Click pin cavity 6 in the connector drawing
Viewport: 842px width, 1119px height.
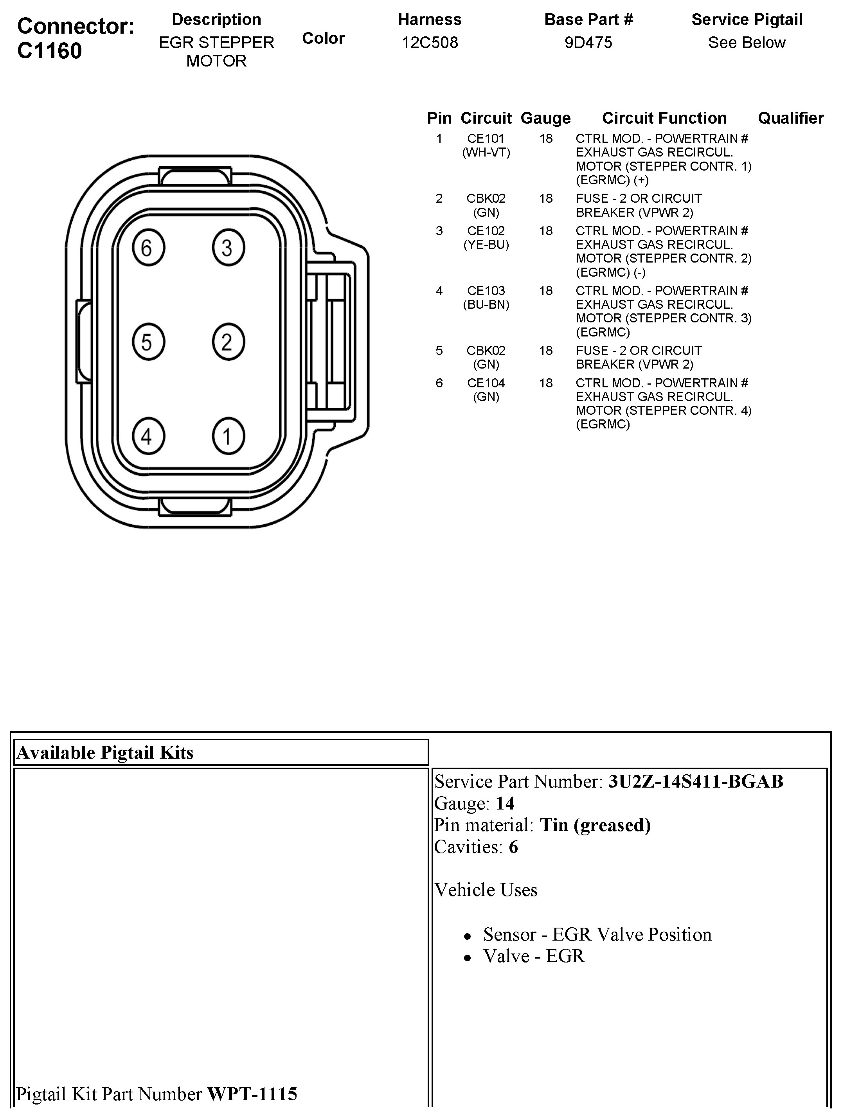[148, 248]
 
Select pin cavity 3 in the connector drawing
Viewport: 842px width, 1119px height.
[228, 248]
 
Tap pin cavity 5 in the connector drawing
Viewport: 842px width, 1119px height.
[148, 342]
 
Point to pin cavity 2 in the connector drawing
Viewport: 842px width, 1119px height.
[228, 342]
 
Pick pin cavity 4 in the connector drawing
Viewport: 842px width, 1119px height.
[148, 435]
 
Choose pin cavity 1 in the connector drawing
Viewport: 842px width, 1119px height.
[228, 435]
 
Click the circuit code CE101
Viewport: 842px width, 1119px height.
[486, 139]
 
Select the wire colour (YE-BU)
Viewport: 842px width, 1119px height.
[486, 245]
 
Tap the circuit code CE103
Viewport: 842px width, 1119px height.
[486, 291]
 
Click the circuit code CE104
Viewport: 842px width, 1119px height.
[486, 383]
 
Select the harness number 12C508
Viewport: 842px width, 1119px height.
[430, 43]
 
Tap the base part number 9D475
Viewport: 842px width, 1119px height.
[588, 43]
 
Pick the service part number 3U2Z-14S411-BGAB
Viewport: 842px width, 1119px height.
[695, 782]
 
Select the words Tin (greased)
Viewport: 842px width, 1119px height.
[595, 825]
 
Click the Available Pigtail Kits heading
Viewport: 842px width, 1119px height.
[105, 753]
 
